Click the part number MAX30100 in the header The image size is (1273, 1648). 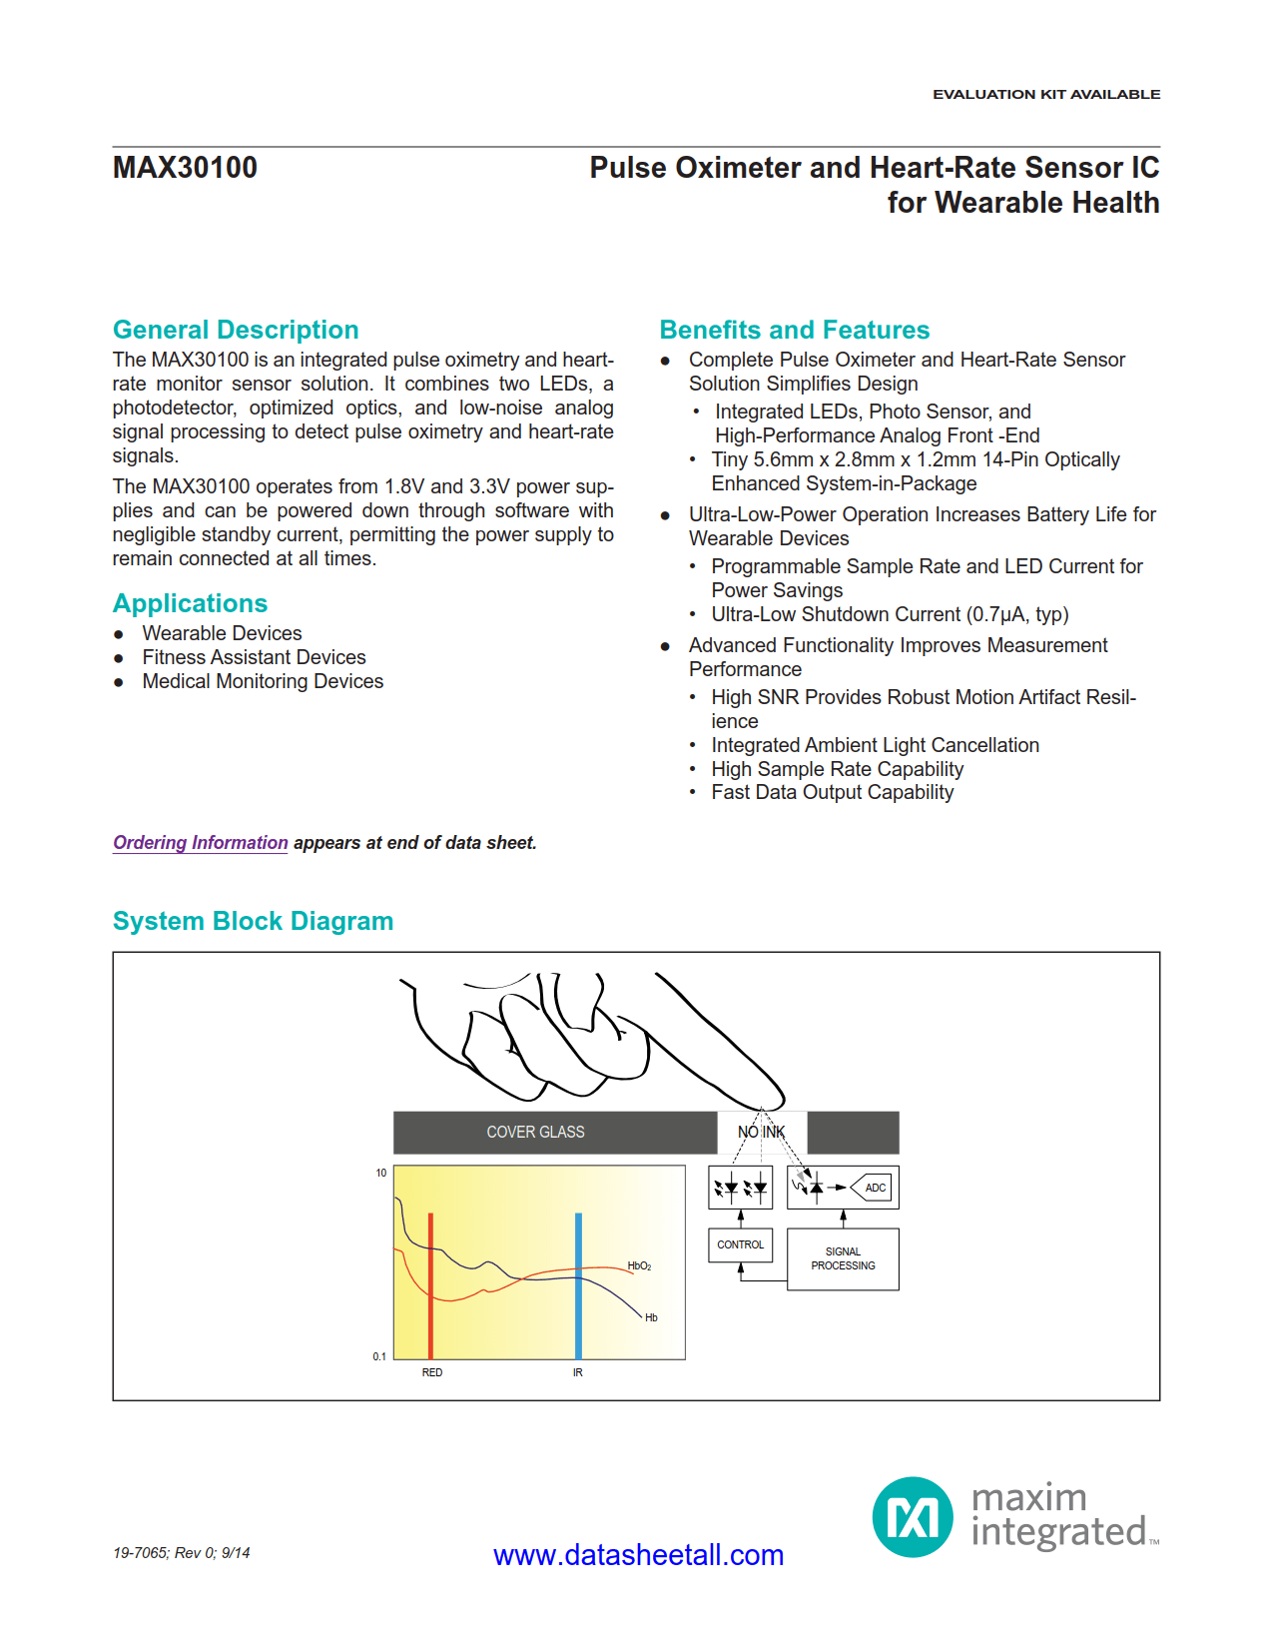click(x=185, y=168)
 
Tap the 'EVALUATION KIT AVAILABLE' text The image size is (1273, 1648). click(x=1045, y=94)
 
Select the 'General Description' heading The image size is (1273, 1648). click(x=236, y=330)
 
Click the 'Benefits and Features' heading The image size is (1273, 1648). click(x=794, y=330)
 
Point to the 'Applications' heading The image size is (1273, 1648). click(x=190, y=603)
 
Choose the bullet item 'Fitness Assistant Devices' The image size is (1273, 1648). click(x=254, y=657)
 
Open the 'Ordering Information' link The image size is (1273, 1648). click(x=200, y=842)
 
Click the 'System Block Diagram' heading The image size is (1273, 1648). click(x=253, y=921)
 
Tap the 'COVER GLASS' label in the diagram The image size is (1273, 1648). click(x=535, y=1132)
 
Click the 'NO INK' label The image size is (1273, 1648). click(x=761, y=1132)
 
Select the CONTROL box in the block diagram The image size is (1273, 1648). click(x=740, y=1244)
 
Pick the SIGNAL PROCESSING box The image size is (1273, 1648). click(x=843, y=1258)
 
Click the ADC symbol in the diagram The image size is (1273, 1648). click(x=874, y=1188)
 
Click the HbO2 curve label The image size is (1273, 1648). click(x=639, y=1265)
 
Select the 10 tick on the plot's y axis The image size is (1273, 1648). click(x=380, y=1173)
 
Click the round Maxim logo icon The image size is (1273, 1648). click(x=913, y=1517)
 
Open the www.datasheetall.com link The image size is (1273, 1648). click(x=638, y=1555)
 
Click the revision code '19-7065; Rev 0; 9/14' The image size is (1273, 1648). click(x=181, y=1552)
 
